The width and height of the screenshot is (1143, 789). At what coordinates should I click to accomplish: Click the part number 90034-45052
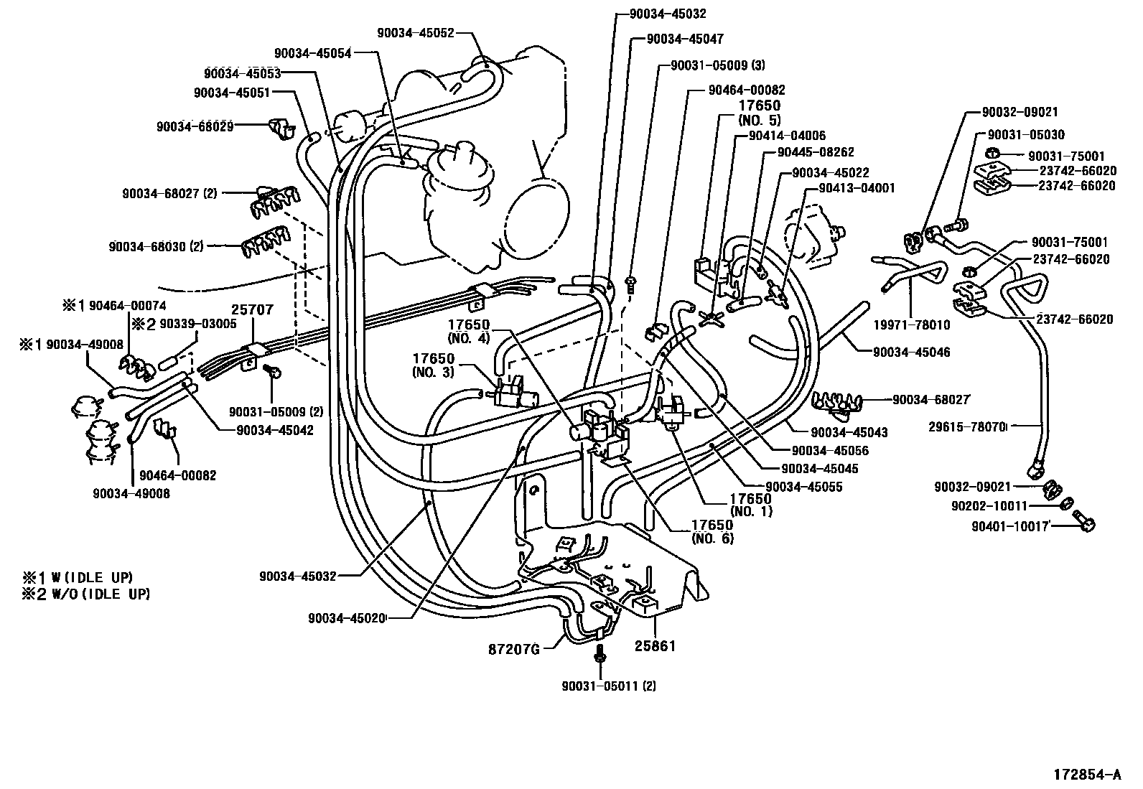coord(416,32)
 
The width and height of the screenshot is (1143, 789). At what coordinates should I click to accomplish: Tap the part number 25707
coord(252,310)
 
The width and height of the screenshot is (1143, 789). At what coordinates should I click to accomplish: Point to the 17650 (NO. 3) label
coord(433,365)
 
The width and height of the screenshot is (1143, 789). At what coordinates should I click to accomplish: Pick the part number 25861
coord(655,647)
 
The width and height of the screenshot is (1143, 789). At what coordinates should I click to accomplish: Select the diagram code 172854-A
coord(1086,775)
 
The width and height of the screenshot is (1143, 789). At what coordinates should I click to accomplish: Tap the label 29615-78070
coord(966,426)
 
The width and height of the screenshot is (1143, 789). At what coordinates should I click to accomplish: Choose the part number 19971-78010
coord(911,325)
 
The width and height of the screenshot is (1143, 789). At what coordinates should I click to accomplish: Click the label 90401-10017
coord(1011,526)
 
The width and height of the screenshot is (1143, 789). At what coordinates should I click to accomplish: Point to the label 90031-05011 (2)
coord(609,686)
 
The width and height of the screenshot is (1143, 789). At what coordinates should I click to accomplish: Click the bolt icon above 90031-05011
coord(601,654)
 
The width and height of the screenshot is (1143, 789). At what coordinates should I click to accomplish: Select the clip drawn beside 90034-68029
coord(282,128)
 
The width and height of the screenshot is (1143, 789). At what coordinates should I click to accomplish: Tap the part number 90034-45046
coord(912,352)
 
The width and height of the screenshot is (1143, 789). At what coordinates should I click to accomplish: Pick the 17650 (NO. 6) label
coord(712,531)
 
